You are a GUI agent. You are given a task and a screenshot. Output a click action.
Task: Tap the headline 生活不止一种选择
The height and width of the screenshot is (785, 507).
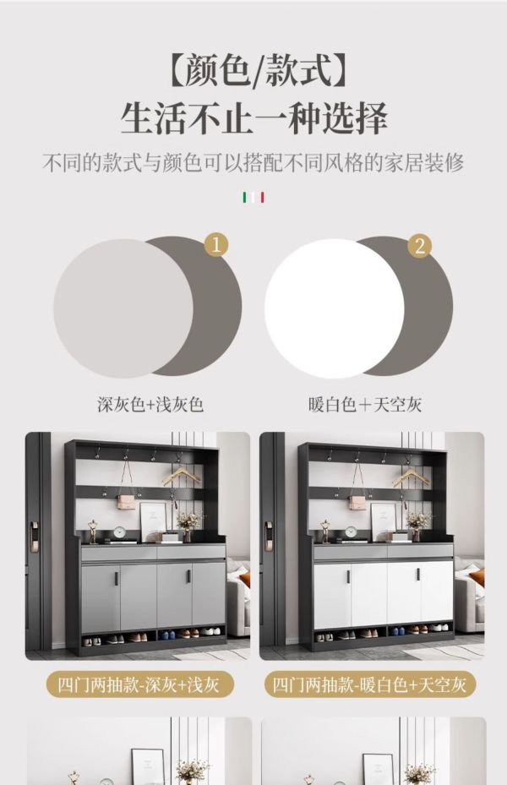tap(254, 119)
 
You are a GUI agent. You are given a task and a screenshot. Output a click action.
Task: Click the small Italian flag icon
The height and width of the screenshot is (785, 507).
tap(253, 197)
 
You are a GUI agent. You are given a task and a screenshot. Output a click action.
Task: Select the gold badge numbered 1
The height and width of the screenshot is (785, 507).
tap(216, 245)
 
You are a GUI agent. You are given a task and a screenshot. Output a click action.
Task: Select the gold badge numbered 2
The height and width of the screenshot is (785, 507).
tap(419, 245)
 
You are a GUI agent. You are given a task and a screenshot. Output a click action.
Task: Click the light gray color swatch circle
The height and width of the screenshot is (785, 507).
tap(123, 308)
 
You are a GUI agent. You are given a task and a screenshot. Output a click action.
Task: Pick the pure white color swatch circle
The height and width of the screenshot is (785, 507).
tap(335, 308)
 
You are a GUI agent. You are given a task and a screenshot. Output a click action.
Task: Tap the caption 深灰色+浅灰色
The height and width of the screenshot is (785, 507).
tap(150, 405)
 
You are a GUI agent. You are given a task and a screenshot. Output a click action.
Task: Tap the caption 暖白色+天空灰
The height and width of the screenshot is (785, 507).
tap(365, 405)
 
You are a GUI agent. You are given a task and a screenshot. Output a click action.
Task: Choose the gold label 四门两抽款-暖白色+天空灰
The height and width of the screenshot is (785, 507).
tap(370, 684)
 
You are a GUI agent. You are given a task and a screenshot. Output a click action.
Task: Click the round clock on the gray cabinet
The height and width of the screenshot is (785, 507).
tap(121, 532)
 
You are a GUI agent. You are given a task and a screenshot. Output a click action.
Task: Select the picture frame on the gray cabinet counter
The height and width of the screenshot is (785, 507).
tap(153, 521)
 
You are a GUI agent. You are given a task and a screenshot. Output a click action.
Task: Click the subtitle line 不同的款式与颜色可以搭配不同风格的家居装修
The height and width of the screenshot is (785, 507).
tap(253, 163)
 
